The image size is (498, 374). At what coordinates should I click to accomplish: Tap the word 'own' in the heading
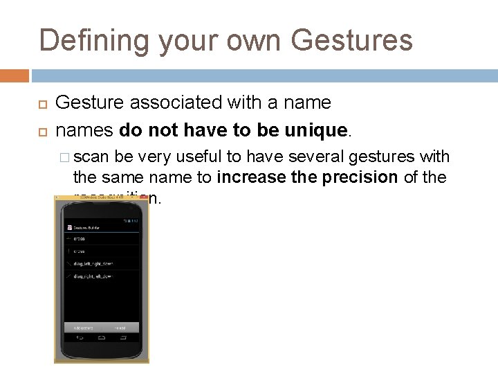pos(248,40)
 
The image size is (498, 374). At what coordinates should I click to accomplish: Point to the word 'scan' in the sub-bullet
pos(96,157)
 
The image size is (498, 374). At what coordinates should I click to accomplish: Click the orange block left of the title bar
pos(15,75)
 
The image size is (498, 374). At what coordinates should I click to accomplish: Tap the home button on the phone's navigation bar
pos(101,339)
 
